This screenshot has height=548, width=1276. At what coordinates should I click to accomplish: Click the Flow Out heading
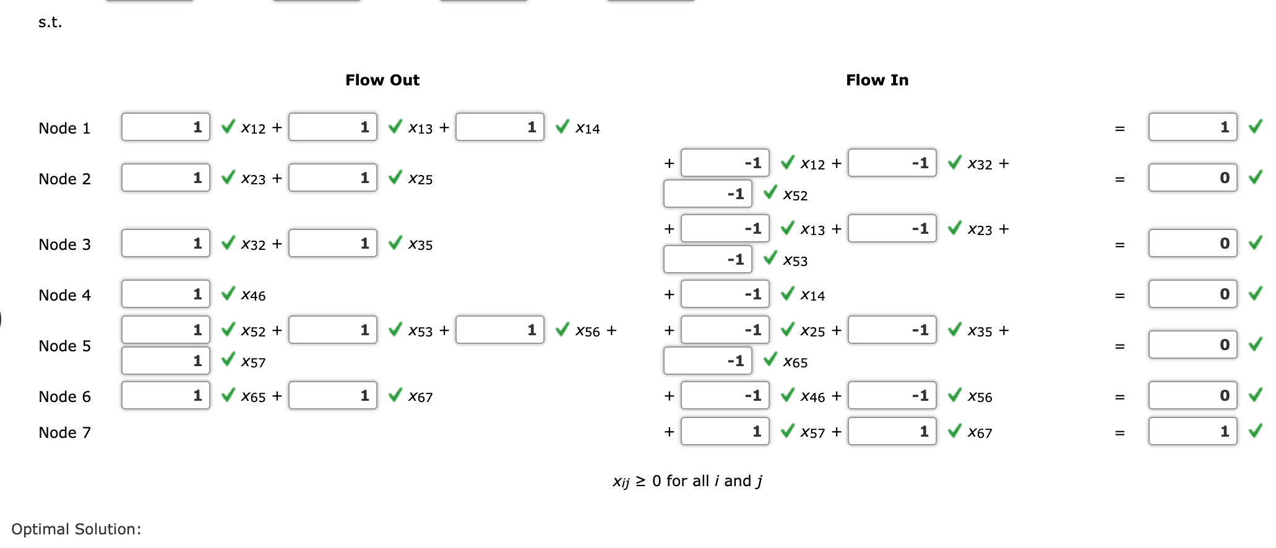[x=382, y=80]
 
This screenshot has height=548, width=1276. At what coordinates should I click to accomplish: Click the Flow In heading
[x=876, y=80]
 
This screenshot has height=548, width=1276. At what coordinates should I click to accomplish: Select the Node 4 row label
[x=64, y=296]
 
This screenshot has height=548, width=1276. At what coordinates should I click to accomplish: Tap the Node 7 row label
[x=64, y=433]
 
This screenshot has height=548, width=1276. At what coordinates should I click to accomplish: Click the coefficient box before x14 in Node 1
[x=499, y=127]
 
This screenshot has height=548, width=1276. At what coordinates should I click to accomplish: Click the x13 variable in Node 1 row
[x=420, y=129]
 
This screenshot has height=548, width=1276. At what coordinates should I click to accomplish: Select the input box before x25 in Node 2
[x=332, y=178]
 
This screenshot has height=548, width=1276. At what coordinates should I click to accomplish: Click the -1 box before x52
[x=707, y=194]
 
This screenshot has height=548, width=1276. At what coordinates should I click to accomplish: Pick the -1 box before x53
[x=707, y=260]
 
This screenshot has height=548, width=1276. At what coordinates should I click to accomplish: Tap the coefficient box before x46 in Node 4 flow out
[x=165, y=294]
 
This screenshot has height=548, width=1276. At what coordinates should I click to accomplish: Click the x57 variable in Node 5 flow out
[x=253, y=362]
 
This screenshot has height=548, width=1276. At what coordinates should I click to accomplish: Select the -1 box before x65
[x=707, y=361]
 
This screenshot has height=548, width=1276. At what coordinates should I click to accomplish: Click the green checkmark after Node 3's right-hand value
[x=1255, y=243]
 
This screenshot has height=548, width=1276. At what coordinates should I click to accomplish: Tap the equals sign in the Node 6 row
[x=1119, y=397]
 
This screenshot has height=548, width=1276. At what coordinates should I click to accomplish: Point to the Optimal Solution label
[x=76, y=529]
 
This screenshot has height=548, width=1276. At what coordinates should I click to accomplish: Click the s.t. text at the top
[x=50, y=22]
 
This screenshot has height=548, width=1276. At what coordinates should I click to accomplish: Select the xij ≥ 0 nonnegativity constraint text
[x=687, y=481]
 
